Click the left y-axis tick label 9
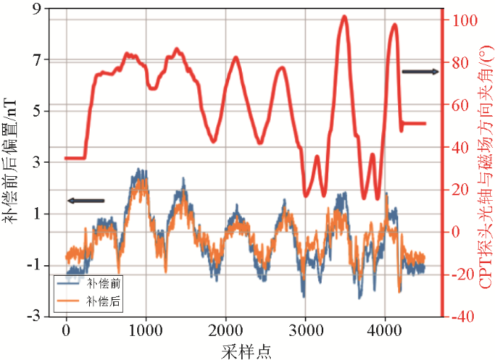(37, 8)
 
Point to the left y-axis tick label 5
(37, 111)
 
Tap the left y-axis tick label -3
(34, 316)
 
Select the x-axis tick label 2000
(226, 330)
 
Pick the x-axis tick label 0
(66, 330)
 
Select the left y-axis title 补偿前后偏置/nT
(11, 162)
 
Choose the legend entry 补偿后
(98, 301)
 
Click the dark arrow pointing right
(420, 71)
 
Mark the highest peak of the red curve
(344, 16)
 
